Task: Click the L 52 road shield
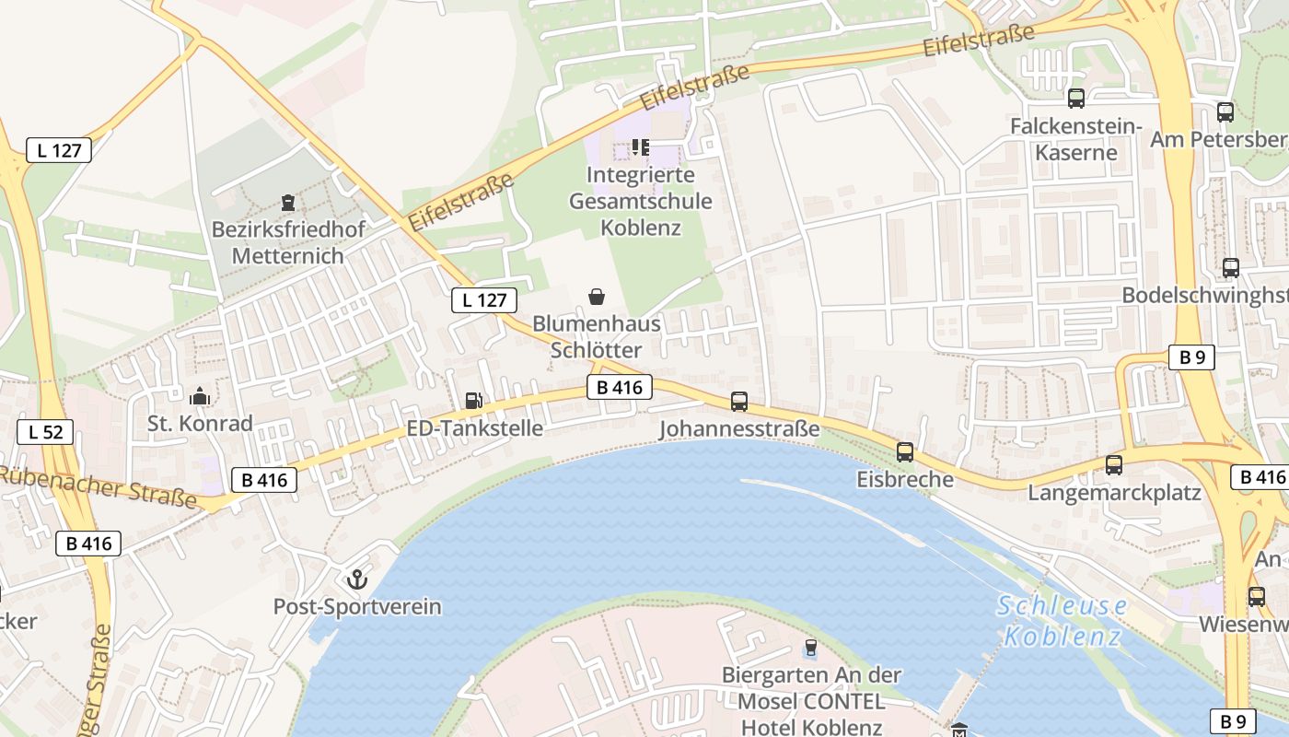tap(45, 431)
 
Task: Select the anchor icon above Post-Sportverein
tap(356, 579)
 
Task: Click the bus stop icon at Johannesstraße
tap(739, 401)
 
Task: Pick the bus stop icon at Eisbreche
tap(905, 451)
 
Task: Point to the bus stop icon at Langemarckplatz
tap(1114, 465)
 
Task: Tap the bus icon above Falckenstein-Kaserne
tap(1075, 98)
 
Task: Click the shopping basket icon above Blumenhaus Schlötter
tap(597, 297)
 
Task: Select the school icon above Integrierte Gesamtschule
tap(640, 146)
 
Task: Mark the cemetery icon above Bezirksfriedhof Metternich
tap(288, 203)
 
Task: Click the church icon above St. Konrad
tap(200, 397)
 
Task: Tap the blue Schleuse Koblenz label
tap(1063, 621)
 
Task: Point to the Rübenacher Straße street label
tap(99, 486)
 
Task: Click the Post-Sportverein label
tap(357, 607)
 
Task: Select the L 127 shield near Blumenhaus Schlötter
tap(484, 300)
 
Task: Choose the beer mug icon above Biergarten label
tap(810, 649)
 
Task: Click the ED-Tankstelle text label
tap(474, 428)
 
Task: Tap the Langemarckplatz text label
tap(1114, 493)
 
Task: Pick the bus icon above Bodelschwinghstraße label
tap(1230, 268)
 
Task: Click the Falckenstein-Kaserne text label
tap(1075, 139)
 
